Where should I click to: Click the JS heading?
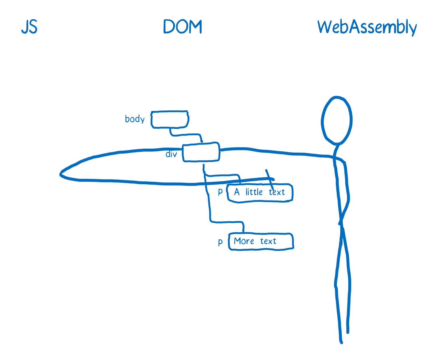point(29,27)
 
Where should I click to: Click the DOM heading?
point(183,27)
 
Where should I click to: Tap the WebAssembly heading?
point(367,28)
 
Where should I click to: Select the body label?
point(135,119)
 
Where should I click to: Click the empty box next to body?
point(170,119)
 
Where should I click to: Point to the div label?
point(171,154)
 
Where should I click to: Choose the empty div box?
point(201,152)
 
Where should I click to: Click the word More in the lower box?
point(244,241)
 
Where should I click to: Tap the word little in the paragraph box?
point(254,192)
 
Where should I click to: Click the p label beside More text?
point(220,241)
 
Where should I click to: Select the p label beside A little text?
point(220,192)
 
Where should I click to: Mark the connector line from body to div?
point(186,135)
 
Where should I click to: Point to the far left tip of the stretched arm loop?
point(61,174)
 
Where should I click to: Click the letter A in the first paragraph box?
point(237,192)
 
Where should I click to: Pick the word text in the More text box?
point(268,241)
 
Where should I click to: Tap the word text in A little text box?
point(277,192)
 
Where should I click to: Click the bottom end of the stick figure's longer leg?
point(341,342)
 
